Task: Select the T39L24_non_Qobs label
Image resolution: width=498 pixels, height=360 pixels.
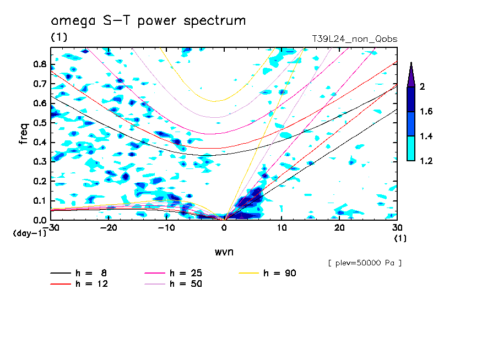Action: [x=354, y=39]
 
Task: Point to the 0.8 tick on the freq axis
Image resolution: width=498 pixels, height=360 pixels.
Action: [x=40, y=64]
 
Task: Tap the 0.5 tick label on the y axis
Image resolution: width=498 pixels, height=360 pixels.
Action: [x=40, y=123]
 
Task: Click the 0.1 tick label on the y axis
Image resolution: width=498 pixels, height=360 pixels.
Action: [x=40, y=201]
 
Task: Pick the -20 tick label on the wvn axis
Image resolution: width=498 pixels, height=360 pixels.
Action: [x=109, y=228]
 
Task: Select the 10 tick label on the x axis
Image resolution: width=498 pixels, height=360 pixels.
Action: [x=282, y=228]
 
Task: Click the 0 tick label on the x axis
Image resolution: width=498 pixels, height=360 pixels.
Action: [x=224, y=228]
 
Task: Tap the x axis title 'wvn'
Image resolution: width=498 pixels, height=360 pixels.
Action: [x=224, y=252]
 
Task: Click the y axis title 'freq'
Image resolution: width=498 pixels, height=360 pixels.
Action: [x=23, y=134]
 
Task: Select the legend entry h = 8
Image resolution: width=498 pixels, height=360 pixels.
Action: [x=78, y=273]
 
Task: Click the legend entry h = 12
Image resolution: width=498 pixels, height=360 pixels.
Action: [x=79, y=284]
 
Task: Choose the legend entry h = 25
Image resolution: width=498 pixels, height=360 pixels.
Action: [x=173, y=273]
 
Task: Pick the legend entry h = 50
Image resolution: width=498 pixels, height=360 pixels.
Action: [x=173, y=284]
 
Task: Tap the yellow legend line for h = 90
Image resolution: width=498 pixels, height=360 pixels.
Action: [x=248, y=273]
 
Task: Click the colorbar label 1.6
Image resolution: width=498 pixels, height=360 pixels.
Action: [x=426, y=111]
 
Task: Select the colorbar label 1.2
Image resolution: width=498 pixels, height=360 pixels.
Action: [x=426, y=161]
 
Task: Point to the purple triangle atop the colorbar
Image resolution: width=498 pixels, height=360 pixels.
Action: [x=411, y=76]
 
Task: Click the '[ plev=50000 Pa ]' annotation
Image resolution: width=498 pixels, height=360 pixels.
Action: [x=365, y=263]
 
